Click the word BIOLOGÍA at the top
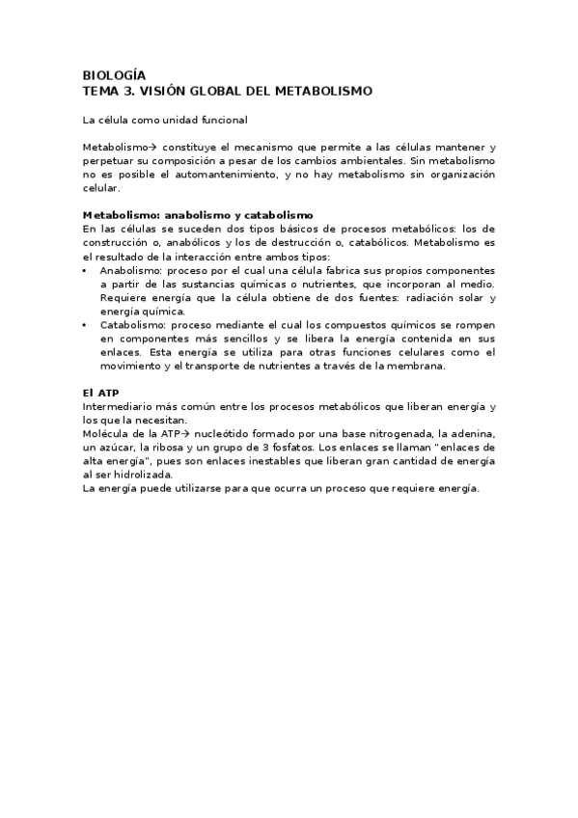pyautogui.click(x=114, y=74)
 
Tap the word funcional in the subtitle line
pyautogui.click(x=219, y=120)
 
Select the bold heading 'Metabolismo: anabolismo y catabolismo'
pyautogui.click(x=198, y=214)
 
